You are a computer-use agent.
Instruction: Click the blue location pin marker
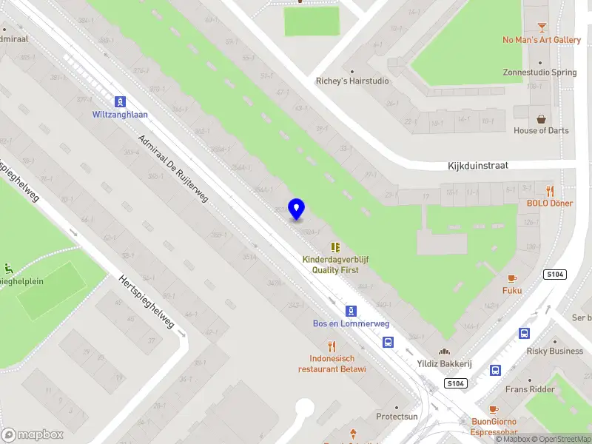pyautogui.click(x=297, y=209)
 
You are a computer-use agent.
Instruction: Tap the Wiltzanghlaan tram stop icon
pyautogui.click(x=119, y=101)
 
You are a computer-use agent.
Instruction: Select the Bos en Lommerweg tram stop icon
pyautogui.click(x=351, y=312)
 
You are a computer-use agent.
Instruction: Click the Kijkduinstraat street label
pyautogui.click(x=478, y=166)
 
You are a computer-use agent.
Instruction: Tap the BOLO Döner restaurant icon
pyautogui.click(x=550, y=191)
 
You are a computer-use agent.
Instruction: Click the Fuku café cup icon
pyautogui.click(x=512, y=278)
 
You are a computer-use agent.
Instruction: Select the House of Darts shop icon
pyautogui.click(x=542, y=118)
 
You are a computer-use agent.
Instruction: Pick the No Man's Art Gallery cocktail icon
pyautogui.click(x=542, y=27)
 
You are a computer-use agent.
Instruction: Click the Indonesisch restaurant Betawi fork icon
pyautogui.click(x=332, y=346)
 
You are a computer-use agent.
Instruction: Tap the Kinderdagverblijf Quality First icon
pyautogui.click(x=335, y=246)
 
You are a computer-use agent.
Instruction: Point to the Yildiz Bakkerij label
pyautogui.click(x=444, y=363)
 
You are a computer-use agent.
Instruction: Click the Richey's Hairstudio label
pyautogui.click(x=352, y=81)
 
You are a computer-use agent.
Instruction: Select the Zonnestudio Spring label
pyautogui.click(x=539, y=73)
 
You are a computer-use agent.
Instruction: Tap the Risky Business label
pyautogui.click(x=555, y=351)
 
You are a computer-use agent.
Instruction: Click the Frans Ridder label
pyautogui.click(x=530, y=389)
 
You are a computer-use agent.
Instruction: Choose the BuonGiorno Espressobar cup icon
pyautogui.click(x=494, y=409)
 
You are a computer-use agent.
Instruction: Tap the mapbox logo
pyautogui.click(x=33, y=434)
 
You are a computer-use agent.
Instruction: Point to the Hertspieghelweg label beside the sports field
pyautogui.click(x=147, y=302)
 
